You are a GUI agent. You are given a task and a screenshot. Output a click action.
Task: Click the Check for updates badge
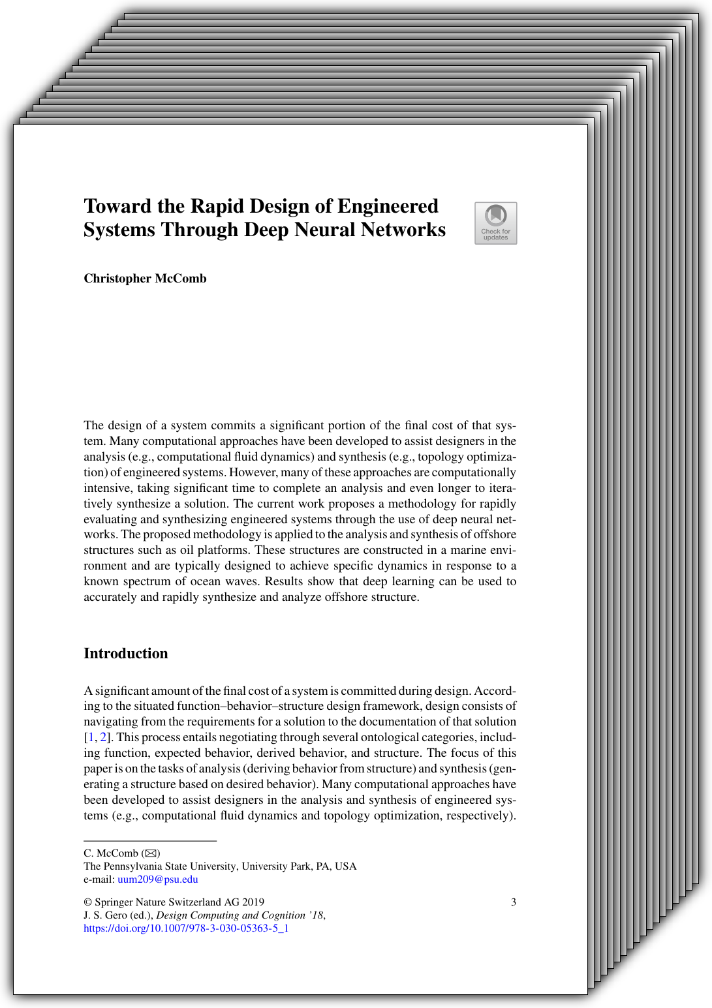coord(495,223)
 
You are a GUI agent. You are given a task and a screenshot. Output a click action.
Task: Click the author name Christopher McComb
coord(145,279)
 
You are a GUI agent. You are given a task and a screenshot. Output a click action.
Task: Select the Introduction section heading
coord(126,654)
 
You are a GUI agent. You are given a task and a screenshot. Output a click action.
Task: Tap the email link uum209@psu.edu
coord(157,879)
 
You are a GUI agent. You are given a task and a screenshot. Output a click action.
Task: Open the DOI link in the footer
coord(186,928)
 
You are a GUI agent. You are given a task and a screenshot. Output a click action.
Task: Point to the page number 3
coord(514,902)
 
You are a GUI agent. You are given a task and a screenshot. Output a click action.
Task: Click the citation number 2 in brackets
coord(103,738)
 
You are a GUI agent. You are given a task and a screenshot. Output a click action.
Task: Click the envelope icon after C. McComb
coord(151,853)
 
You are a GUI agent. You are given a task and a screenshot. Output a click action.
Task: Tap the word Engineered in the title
coord(388,207)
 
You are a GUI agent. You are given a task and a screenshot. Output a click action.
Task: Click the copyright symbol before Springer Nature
coord(88,902)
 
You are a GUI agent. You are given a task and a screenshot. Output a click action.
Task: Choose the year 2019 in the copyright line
coord(253,902)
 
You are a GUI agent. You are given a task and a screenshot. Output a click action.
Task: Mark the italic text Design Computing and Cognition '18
coord(240,915)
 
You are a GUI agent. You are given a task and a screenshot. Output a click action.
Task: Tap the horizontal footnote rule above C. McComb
coord(150,841)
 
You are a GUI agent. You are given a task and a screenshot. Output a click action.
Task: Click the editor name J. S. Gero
coord(105,915)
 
